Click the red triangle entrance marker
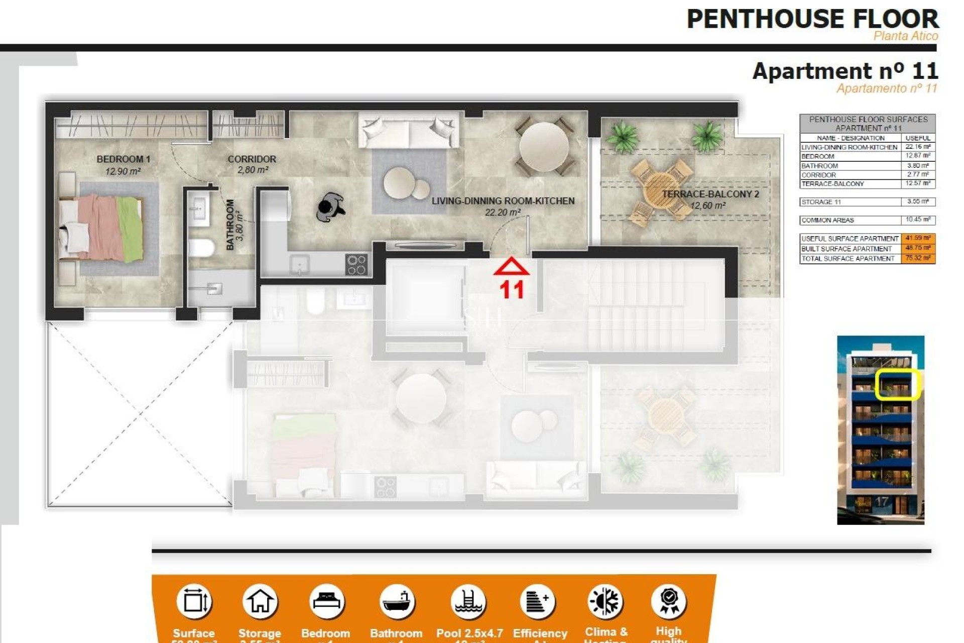click(x=511, y=267)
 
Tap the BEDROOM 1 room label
click(x=123, y=159)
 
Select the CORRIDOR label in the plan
click(x=252, y=159)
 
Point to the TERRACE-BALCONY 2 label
click(x=710, y=194)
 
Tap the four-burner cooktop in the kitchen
click(x=356, y=265)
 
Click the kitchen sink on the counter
click(x=300, y=264)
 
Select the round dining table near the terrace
click(x=543, y=147)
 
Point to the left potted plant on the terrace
click(x=622, y=136)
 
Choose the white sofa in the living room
click(x=409, y=130)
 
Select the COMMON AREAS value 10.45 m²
click(x=918, y=220)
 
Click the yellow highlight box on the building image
click(x=897, y=385)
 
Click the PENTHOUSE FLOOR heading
click(x=812, y=19)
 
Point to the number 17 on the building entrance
click(x=881, y=501)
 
